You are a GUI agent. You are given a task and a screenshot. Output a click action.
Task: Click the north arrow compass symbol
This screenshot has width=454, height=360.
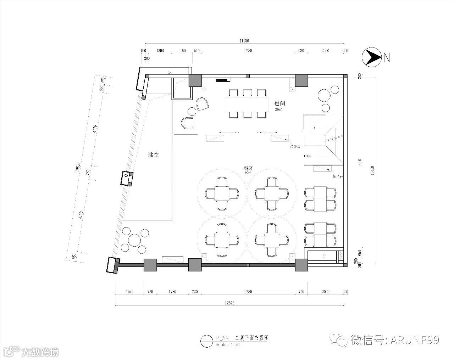(371, 57)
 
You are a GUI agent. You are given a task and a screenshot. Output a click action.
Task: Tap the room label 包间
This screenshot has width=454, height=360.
(279, 103)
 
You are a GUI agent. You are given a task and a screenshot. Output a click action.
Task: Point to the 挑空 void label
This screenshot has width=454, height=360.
(153, 155)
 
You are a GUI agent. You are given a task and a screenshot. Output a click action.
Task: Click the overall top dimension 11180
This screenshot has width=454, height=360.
(244, 41)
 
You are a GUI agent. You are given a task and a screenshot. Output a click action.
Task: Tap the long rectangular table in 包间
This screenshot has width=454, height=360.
(248, 103)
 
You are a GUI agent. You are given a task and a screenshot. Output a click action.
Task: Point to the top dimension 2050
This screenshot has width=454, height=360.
(325, 51)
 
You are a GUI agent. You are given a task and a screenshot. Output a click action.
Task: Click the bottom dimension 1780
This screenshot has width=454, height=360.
(172, 292)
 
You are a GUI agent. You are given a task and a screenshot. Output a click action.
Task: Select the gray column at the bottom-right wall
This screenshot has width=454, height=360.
(301, 265)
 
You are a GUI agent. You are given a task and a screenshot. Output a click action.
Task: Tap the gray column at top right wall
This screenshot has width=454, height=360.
(301, 80)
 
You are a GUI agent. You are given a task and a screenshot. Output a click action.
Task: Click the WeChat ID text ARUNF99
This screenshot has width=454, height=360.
(414, 340)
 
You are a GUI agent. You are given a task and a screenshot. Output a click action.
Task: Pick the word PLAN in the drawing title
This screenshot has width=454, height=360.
(223, 338)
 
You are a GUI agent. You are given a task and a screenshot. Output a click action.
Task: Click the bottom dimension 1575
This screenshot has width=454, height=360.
(130, 292)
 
